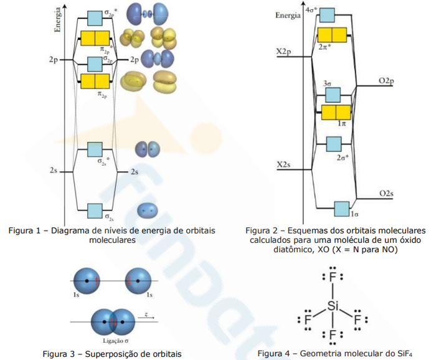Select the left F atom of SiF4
click(x=307, y=320)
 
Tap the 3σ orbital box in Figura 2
click(x=332, y=95)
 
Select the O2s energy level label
click(x=386, y=194)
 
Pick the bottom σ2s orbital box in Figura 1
click(x=95, y=210)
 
